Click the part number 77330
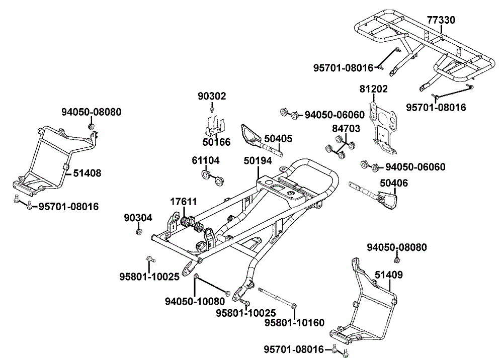(x=441, y=20)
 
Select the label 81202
(x=374, y=89)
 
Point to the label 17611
(x=183, y=202)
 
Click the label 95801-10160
(x=295, y=323)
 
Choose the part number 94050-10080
(x=195, y=301)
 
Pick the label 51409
(x=388, y=275)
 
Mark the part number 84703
(x=346, y=129)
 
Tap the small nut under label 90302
(x=213, y=109)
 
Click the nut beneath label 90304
(x=138, y=232)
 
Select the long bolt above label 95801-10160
(x=277, y=297)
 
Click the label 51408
(x=87, y=173)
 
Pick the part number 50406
(x=394, y=184)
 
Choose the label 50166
(x=216, y=142)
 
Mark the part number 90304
(x=138, y=218)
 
